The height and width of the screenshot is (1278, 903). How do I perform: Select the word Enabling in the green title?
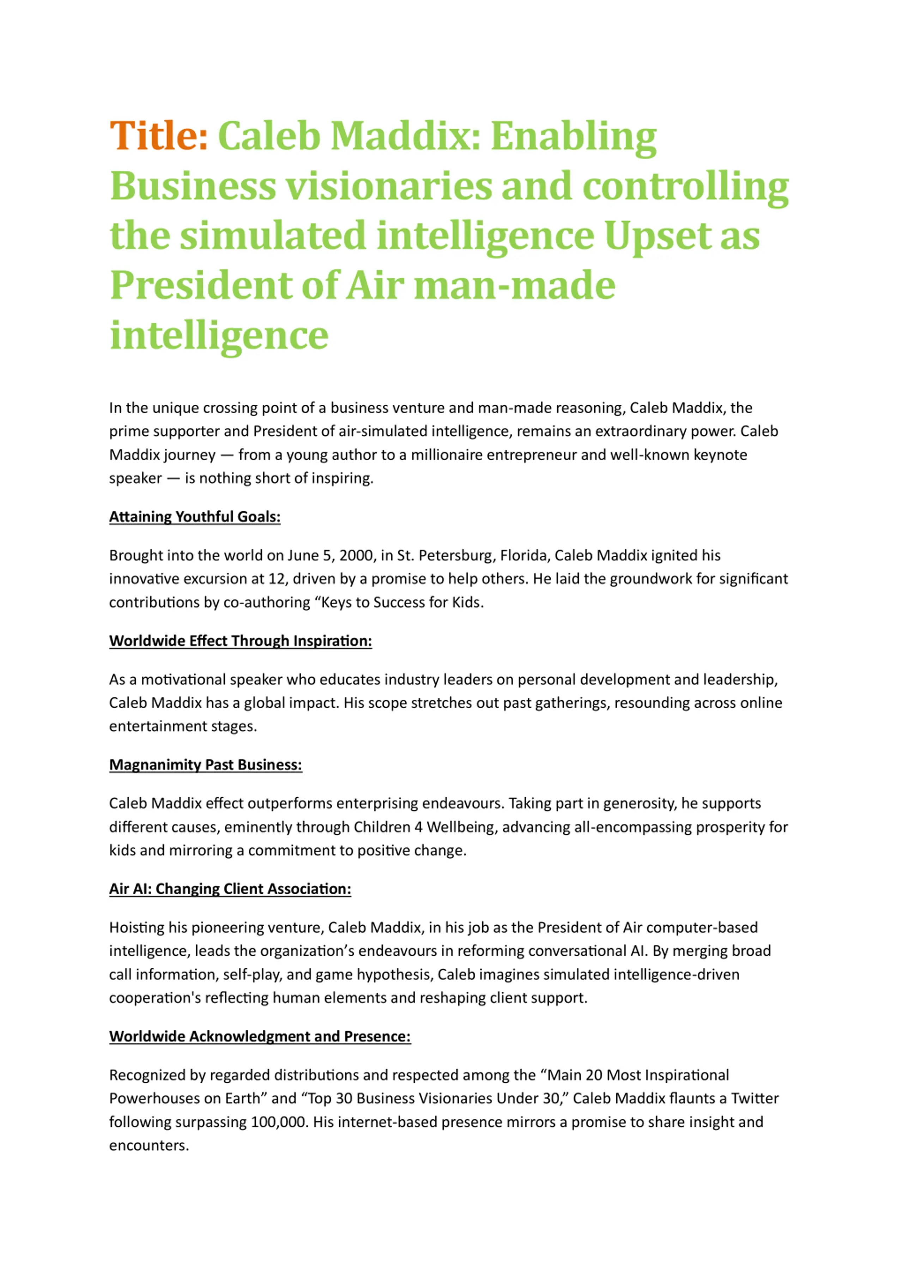574,137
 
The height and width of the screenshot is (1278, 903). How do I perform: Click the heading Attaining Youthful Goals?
194,517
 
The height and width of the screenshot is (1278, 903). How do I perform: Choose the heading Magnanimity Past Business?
205,765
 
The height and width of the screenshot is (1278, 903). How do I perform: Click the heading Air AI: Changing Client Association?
230,889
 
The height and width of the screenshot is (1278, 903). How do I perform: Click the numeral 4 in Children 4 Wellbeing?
419,827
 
